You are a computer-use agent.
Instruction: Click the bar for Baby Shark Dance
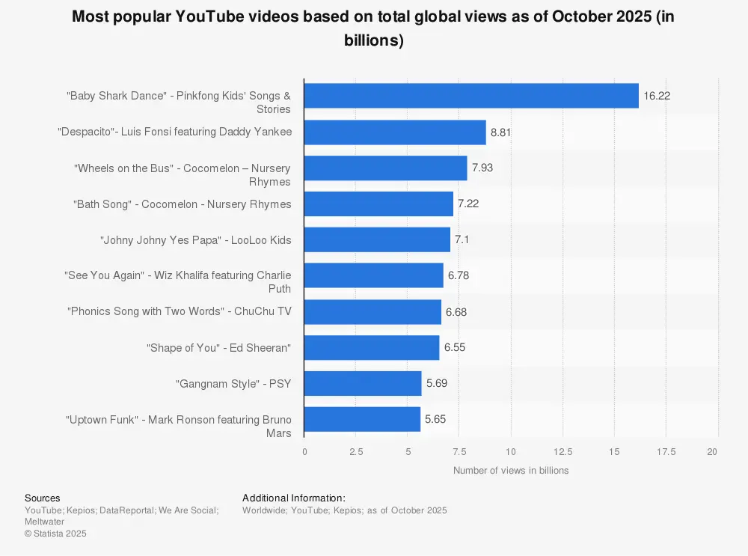(x=471, y=96)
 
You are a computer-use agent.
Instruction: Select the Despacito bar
(x=395, y=132)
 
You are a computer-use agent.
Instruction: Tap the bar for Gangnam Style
(x=363, y=384)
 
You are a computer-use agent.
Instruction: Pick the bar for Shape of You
(x=372, y=348)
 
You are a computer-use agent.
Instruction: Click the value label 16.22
(x=657, y=97)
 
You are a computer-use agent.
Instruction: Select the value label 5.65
(x=435, y=420)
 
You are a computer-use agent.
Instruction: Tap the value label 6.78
(x=459, y=276)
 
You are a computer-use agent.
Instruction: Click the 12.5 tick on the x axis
(x=562, y=452)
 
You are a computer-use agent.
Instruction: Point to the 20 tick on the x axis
(x=712, y=452)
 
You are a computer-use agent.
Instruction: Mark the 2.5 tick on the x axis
(x=356, y=452)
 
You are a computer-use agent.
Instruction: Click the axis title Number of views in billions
(x=511, y=471)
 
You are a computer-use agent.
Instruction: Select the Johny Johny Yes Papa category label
(x=195, y=240)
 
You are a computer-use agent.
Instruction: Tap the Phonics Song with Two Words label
(x=179, y=311)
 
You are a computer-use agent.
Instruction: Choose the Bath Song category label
(x=182, y=204)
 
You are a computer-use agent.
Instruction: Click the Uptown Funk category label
(x=178, y=426)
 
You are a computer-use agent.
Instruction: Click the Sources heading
(x=43, y=498)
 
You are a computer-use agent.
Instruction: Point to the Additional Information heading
(x=294, y=498)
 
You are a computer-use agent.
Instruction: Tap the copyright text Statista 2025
(x=55, y=534)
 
